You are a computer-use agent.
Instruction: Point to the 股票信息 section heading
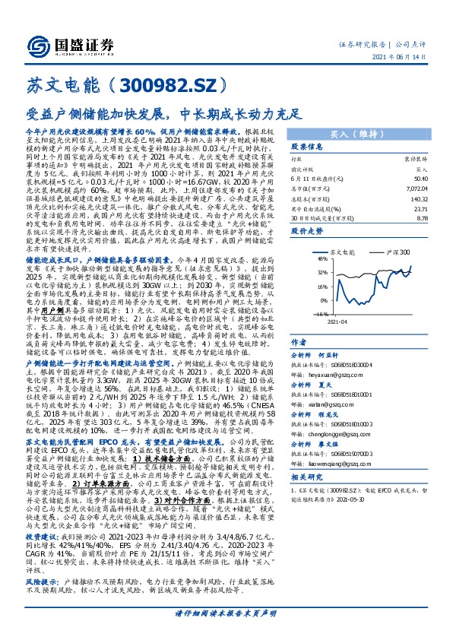307,147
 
